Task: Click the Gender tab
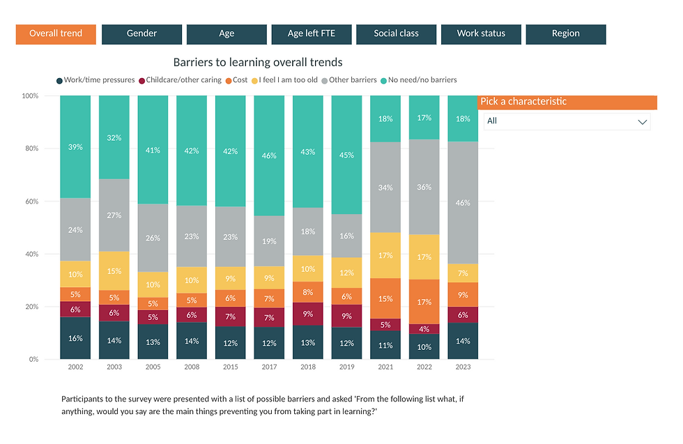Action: (141, 34)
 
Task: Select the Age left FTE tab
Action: (312, 34)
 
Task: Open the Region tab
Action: (565, 34)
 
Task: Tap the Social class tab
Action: (396, 34)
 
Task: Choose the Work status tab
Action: (481, 34)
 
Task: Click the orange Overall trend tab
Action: (56, 34)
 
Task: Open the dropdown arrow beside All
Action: (642, 122)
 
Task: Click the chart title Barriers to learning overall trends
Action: (258, 63)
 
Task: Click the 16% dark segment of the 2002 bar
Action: (75, 338)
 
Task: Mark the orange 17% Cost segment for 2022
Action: (423, 302)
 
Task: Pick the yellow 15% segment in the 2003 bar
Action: (114, 271)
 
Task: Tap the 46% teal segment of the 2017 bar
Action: (268, 155)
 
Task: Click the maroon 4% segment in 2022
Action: (423, 329)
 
